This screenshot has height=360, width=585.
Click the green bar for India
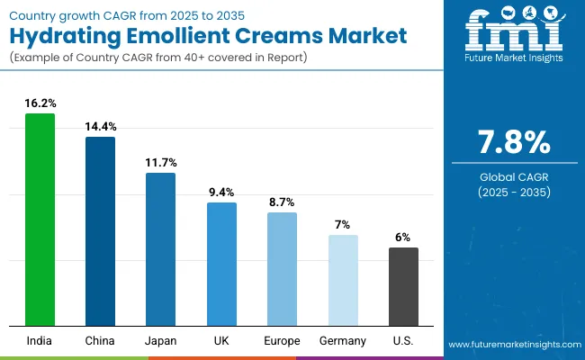tap(40, 220)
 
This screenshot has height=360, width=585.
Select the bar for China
tap(100, 231)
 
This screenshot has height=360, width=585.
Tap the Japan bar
tap(160, 249)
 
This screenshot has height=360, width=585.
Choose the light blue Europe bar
tap(282, 269)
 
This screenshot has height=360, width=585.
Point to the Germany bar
tap(342, 280)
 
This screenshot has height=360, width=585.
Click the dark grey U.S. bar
tap(403, 286)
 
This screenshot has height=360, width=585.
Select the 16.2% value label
tap(40, 103)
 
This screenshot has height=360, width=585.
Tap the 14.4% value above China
tap(100, 127)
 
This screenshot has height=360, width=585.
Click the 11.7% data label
tap(160, 163)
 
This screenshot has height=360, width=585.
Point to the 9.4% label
tap(221, 193)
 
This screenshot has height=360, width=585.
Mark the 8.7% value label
tap(282, 202)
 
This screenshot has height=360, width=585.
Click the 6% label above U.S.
tap(403, 238)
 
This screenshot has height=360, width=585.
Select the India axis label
tap(40, 340)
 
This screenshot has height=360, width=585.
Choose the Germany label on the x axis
tap(342, 340)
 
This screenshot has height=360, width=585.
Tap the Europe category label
tap(282, 340)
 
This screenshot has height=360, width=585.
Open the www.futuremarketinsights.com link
tap(511, 345)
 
